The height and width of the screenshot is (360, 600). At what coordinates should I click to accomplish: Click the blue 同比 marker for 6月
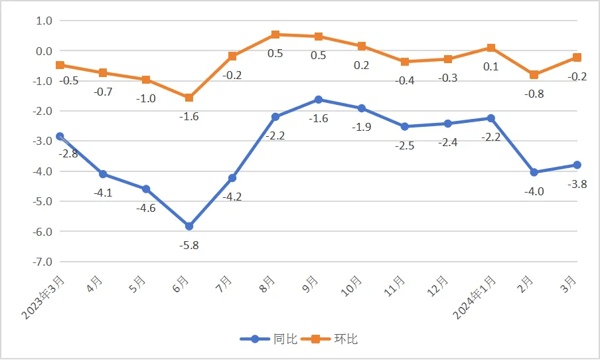point(189,226)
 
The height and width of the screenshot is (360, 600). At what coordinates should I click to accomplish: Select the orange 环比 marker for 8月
point(275,35)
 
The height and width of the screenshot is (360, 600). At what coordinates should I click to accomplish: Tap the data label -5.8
point(189,245)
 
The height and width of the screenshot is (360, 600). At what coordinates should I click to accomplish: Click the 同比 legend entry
point(265,339)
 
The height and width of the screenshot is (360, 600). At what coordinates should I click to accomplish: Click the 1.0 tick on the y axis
point(43,21)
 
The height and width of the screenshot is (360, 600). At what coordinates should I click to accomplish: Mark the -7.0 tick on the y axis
point(42,262)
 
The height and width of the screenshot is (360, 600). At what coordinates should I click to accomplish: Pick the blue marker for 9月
point(319,100)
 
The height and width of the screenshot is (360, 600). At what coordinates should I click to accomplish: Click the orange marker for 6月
point(189,98)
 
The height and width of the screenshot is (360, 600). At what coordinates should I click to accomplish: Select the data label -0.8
point(534,94)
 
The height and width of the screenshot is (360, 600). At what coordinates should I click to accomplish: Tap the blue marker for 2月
point(534,172)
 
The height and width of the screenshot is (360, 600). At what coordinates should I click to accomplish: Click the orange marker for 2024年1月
point(491,48)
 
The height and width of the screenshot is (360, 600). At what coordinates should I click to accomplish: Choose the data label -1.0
point(146,98)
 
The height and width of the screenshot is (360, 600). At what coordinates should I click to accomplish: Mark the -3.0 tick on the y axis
point(42,141)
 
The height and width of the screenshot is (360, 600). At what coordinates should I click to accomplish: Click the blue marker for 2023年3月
point(60,136)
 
